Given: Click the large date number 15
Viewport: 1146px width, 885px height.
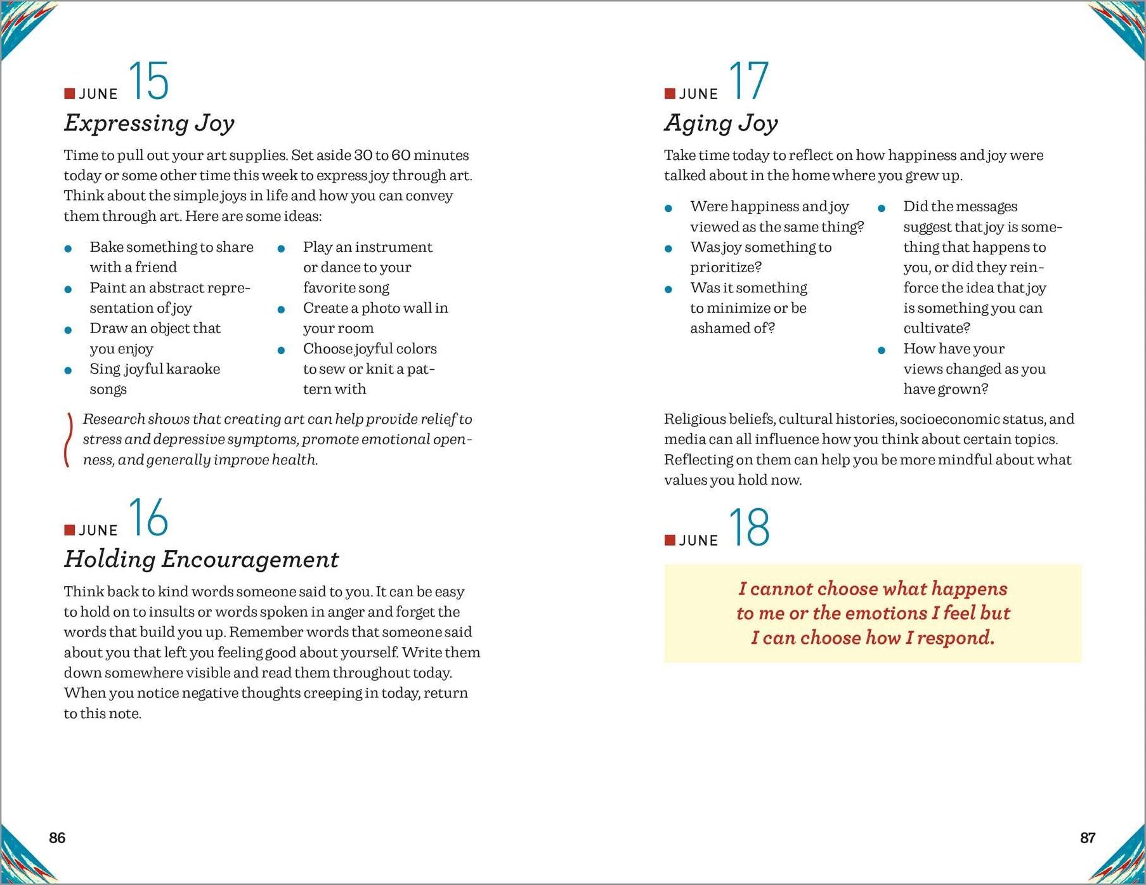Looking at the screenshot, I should [149, 81].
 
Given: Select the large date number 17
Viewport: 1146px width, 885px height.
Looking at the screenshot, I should [749, 81].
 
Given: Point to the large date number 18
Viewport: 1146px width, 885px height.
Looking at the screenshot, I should [749, 527].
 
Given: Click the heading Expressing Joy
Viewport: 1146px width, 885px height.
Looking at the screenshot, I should [149, 122].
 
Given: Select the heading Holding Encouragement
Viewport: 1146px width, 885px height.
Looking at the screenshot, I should [201, 559].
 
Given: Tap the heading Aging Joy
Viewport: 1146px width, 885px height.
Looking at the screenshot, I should [721, 122].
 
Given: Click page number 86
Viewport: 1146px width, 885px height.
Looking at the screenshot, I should [57, 838].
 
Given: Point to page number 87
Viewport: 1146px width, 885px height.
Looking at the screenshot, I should [1088, 838].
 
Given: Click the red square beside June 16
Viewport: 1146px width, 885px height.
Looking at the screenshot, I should [69, 530].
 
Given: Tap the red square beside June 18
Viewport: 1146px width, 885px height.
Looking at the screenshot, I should [670, 540].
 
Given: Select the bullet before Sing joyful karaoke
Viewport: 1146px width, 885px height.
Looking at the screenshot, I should [68, 370].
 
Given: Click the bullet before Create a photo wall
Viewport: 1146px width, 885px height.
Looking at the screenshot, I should [281, 310].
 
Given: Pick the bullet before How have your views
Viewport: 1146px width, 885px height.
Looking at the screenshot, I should [882, 350].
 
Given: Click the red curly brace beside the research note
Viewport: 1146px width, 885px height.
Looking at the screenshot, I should [67, 440].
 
